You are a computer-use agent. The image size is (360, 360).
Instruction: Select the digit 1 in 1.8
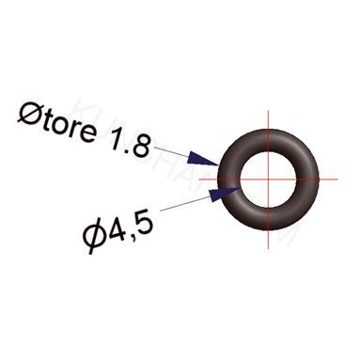coord(117,140)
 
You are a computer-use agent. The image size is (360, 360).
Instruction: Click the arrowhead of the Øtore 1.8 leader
coord(210,160)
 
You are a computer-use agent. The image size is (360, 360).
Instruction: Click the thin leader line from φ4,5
coord(188,201)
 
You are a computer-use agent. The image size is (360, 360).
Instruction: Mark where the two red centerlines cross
coord(269,178)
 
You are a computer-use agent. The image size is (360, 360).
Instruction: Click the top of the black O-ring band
coord(269,137)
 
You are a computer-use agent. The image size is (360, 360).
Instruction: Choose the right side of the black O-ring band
coord(309,178)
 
